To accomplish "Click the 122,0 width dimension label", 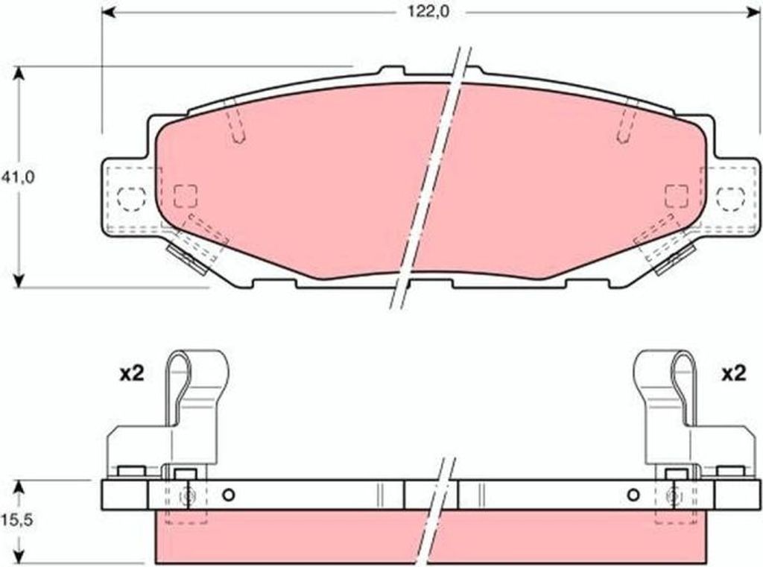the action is click(x=428, y=12).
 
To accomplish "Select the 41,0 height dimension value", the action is click(x=18, y=177).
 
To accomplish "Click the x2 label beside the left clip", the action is click(x=132, y=374).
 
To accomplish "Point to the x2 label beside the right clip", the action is click(x=733, y=374).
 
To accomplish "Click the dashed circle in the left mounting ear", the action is click(x=131, y=199).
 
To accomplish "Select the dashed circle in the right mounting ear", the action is click(x=730, y=199).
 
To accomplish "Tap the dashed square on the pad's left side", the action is click(x=186, y=196).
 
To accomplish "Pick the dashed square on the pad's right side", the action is click(x=677, y=196).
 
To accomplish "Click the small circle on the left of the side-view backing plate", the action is click(x=228, y=495).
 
